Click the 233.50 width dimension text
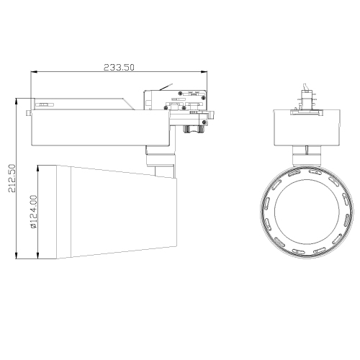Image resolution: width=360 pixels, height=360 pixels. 120,66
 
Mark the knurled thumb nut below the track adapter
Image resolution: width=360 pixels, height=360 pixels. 192,129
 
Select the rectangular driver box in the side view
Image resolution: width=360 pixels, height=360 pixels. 97,130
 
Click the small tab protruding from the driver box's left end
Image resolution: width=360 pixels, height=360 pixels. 28,112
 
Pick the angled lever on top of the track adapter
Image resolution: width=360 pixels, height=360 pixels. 168,87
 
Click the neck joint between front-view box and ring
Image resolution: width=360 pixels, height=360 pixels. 306,153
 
